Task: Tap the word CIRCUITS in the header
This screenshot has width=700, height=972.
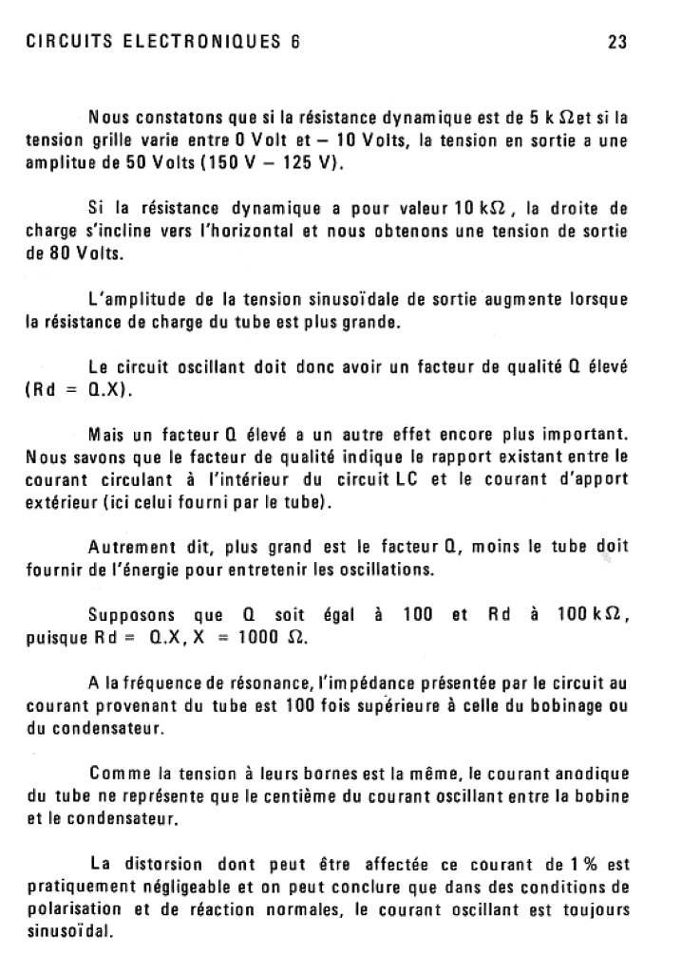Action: point(66,42)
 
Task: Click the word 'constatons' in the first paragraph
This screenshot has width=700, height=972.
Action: point(178,120)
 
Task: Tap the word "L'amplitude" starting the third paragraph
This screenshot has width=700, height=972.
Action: point(129,301)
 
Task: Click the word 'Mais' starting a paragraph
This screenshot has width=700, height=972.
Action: point(106,436)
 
